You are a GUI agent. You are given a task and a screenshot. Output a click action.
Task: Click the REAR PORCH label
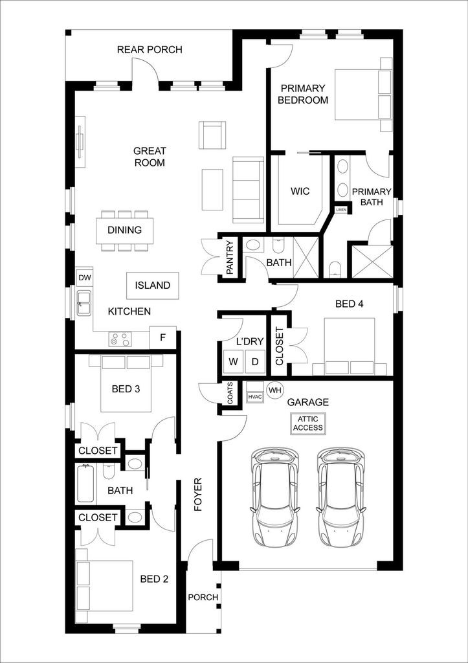pyautogui.click(x=150, y=50)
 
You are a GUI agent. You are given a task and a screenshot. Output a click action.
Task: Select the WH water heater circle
pyautogui.click(x=275, y=390)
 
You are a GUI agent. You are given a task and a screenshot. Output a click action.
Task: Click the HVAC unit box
pyautogui.click(x=254, y=393)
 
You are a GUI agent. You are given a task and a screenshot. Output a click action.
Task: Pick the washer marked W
pyautogui.click(x=232, y=361)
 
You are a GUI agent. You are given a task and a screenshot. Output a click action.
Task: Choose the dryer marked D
pyautogui.click(x=254, y=361)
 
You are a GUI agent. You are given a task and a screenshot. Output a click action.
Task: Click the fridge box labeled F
pyautogui.click(x=162, y=337)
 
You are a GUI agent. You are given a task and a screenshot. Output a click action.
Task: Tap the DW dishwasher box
pyautogui.click(x=84, y=278)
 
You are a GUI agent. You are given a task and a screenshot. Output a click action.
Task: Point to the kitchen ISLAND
pyautogui.click(x=153, y=285)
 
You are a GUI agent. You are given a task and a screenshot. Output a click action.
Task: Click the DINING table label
pyautogui.click(x=125, y=230)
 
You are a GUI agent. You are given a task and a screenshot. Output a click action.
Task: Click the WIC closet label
pyautogui.click(x=300, y=191)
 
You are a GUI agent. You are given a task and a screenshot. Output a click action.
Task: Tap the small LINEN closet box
pyautogui.click(x=341, y=210)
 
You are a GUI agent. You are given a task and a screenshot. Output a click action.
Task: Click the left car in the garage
pyautogui.click(x=275, y=496)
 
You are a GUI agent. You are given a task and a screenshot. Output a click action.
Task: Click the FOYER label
pyautogui.click(x=199, y=495)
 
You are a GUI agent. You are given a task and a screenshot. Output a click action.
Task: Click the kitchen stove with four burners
pyautogui.click(x=120, y=338)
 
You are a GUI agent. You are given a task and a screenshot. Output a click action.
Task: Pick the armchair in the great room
pyautogui.click(x=212, y=135)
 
